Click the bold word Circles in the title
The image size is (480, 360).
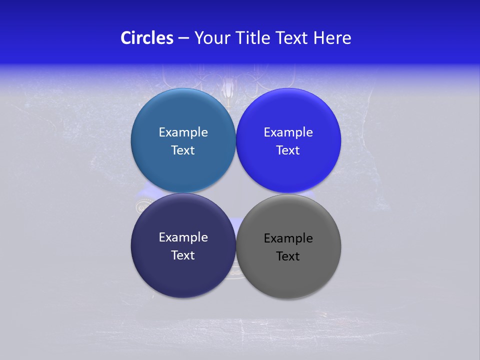146,38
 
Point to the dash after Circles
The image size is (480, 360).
183,38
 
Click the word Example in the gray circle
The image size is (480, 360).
288,238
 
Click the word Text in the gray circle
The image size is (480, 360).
288,256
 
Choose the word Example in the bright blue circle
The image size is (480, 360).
288,132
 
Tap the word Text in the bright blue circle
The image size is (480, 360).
288,150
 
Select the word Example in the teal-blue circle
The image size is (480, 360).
183,132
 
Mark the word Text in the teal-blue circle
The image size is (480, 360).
183,150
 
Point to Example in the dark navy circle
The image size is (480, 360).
183,237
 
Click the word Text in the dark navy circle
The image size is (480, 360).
183,255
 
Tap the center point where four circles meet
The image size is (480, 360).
236,193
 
